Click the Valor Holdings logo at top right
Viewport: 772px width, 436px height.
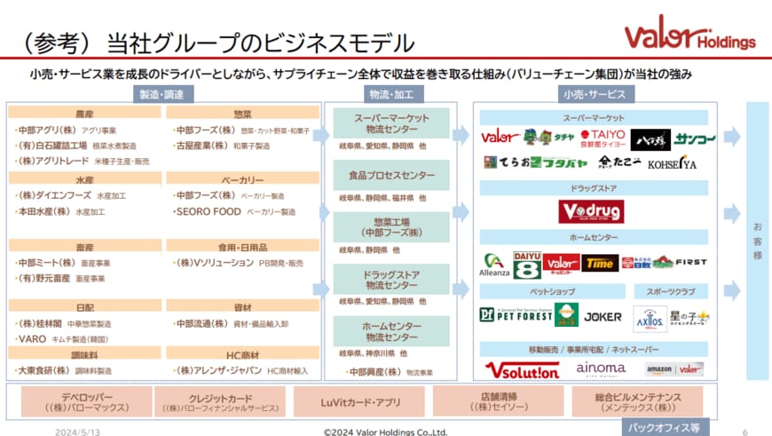pos(689,36)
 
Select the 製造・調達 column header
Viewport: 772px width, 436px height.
pos(161,93)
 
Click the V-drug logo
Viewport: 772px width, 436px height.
pos(591,211)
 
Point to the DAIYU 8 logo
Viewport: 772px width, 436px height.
pos(527,264)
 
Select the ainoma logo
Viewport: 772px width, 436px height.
pos(601,368)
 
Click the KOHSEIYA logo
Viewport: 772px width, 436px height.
pos(672,164)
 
